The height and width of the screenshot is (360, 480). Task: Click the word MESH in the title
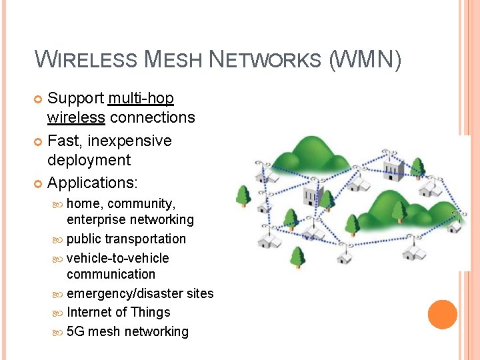pyautogui.click(x=172, y=60)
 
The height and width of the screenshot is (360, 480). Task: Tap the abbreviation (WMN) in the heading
pyautogui.click(x=365, y=60)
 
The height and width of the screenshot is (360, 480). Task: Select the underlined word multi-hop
pyautogui.click(x=141, y=99)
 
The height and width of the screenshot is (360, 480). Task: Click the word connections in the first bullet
pyautogui.click(x=152, y=118)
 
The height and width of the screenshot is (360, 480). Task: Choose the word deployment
pyautogui.click(x=89, y=160)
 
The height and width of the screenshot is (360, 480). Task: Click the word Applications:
pyautogui.click(x=92, y=183)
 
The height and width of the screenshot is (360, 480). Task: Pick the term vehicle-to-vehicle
pyautogui.click(x=118, y=258)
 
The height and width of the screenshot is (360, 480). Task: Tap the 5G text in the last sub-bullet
pyautogui.click(x=75, y=331)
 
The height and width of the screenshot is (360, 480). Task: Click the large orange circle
pyautogui.click(x=443, y=315)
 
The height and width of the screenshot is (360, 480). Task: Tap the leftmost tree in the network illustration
pyautogui.click(x=243, y=196)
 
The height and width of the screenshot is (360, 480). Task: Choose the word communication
pyautogui.click(x=111, y=274)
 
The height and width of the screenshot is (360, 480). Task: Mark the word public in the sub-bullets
pyautogui.click(x=83, y=239)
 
